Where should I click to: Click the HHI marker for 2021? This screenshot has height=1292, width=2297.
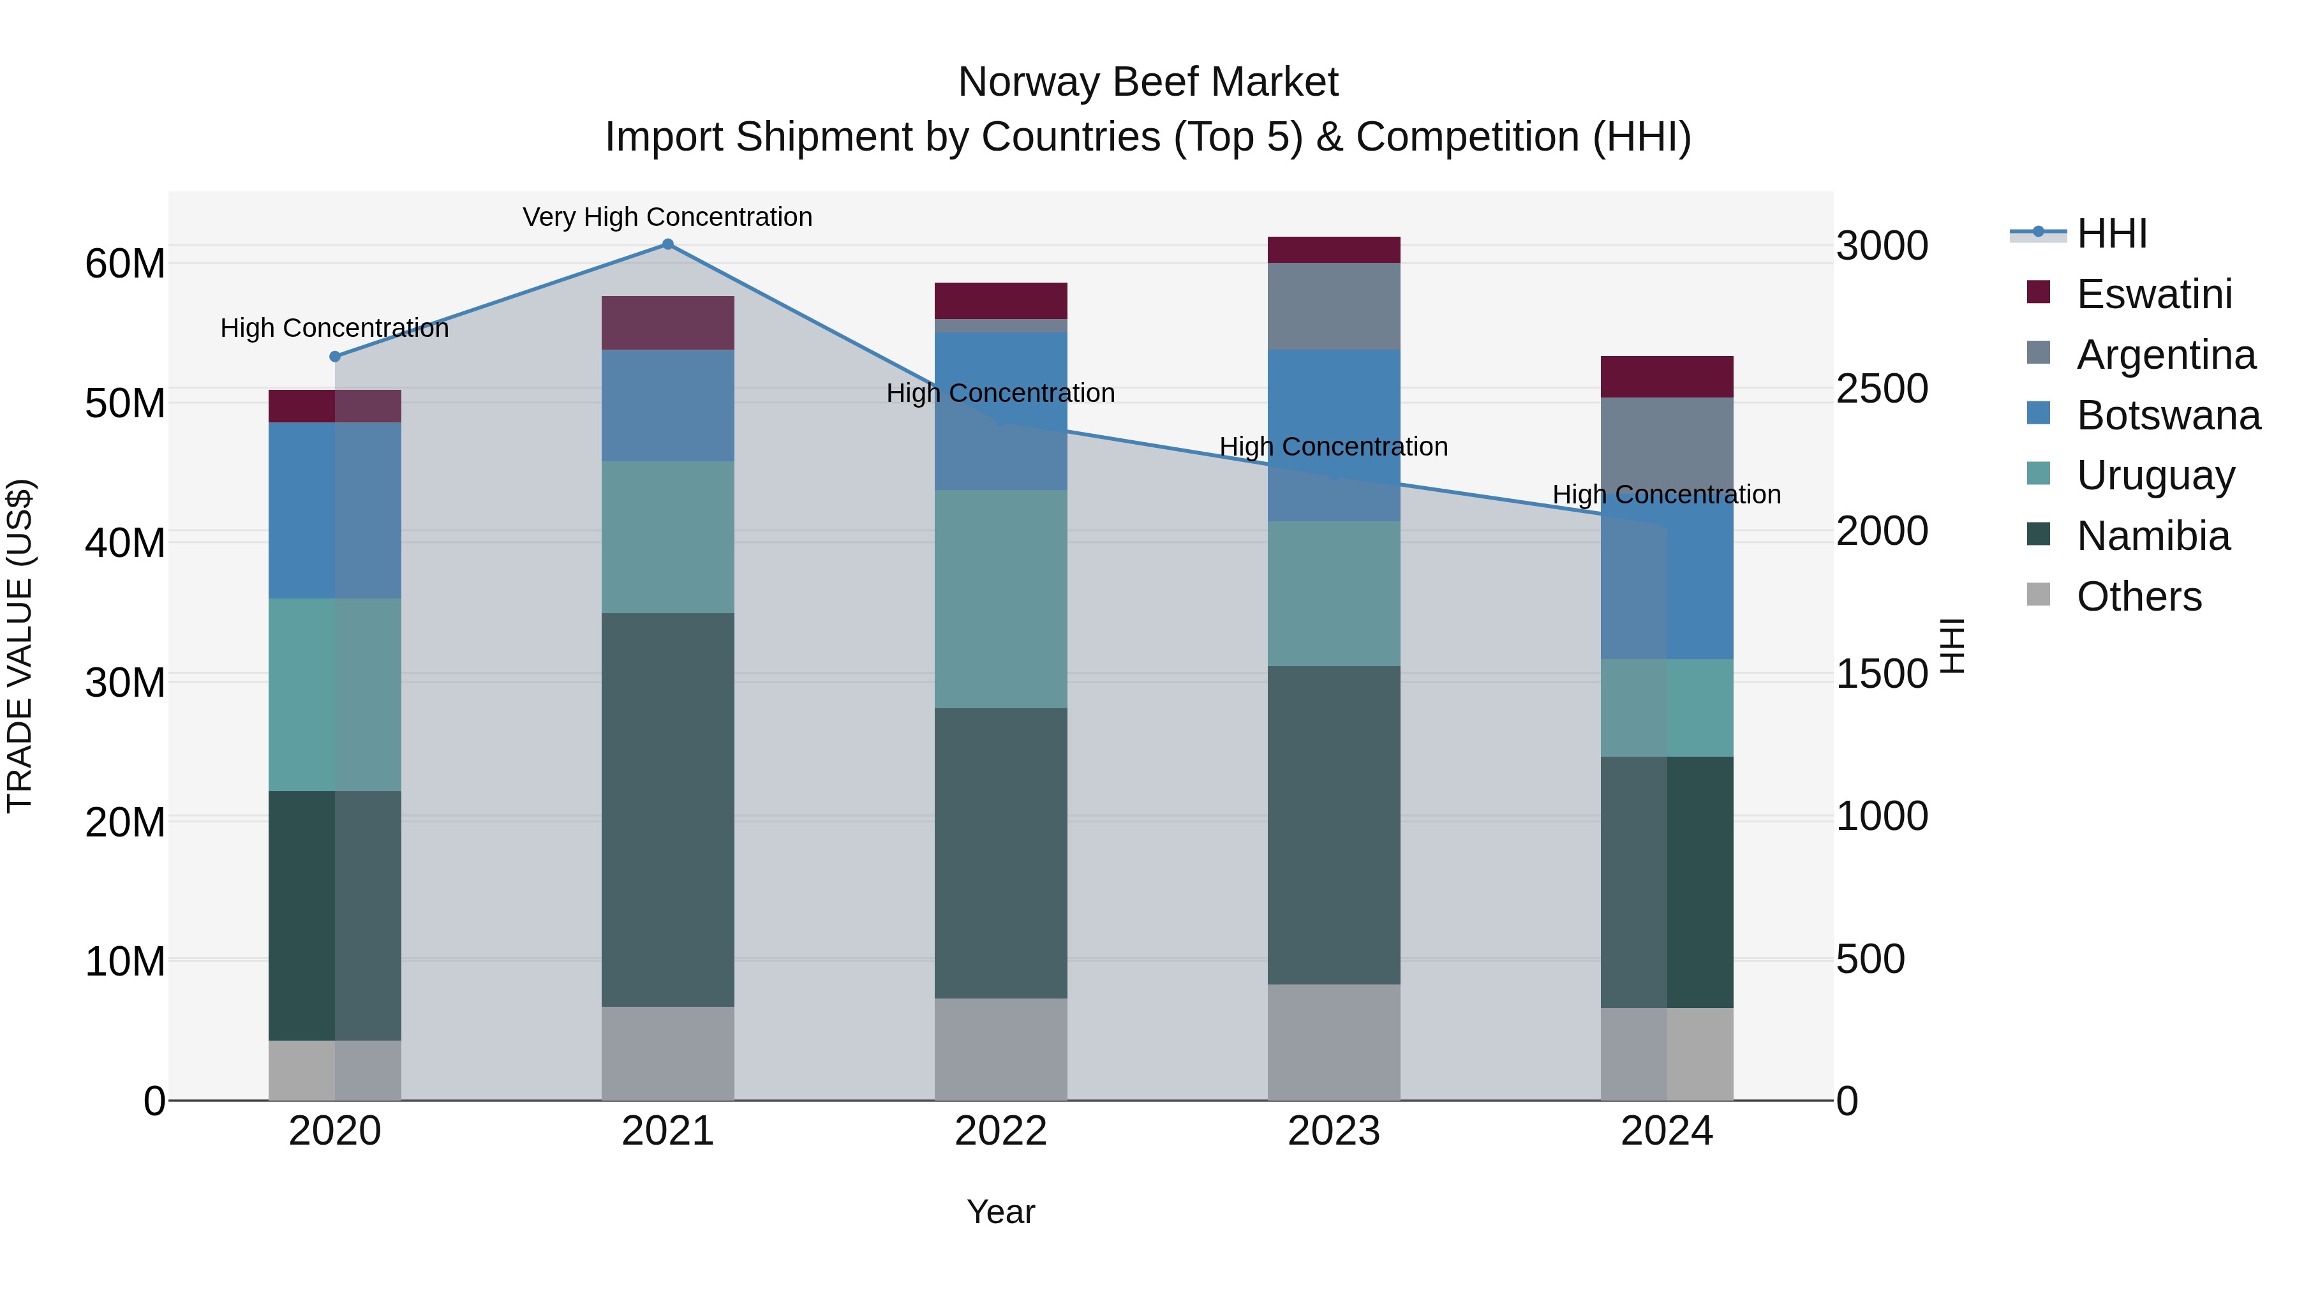click(x=668, y=244)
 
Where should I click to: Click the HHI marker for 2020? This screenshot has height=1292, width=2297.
click(x=335, y=357)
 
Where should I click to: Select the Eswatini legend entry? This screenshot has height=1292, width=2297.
click(x=2153, y=294)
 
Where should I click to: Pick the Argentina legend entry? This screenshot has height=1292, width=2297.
click(x=2165, y=355)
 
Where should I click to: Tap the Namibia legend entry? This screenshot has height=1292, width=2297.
click(x=2153, y=536)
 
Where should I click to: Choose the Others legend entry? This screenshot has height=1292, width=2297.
click(x=2138, y=597)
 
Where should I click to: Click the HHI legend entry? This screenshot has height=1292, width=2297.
click(x=2111, y=234)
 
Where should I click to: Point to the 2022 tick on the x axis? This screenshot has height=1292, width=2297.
click(x=1000, y=1131)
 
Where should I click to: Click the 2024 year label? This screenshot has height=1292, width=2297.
click(x=1667, y=1131)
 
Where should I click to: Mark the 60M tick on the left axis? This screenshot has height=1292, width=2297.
click(x=125, y=264)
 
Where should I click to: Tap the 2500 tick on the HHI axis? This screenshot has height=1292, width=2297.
click(x=1882, y=389)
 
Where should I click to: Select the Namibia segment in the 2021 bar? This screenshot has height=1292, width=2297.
click(x=668, y=809)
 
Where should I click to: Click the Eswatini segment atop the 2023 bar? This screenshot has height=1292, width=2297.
click(x=1334, y=249)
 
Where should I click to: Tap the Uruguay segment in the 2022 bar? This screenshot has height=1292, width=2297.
click(x=1000, y=598)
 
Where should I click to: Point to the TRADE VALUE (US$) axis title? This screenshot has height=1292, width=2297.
click(x=20, y=646)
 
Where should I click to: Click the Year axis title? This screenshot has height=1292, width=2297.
click(x=1000, y=1212)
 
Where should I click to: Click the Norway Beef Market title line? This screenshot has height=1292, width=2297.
click(x=1148, y=82)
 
